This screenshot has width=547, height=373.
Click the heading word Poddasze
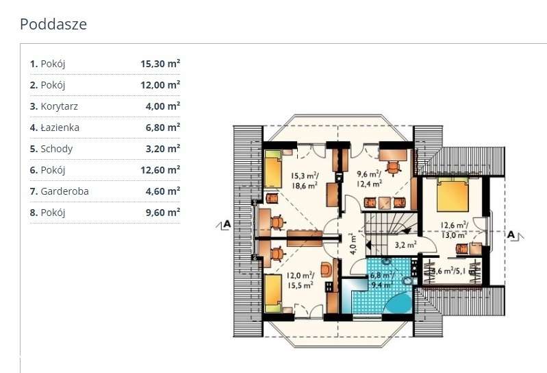click(53, 25)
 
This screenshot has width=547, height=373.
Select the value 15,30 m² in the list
click(160, 64)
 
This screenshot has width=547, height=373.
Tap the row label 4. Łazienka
click(55, 127)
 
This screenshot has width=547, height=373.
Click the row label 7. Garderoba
click(59, 191)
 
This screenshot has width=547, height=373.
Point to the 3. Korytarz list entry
click(54, 106)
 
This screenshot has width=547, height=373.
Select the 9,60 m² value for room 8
click(160, 212)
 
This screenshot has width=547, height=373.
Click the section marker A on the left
click(226, 224)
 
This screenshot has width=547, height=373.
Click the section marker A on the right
click(511, 234)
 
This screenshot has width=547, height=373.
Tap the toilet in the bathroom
click(409, 280)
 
